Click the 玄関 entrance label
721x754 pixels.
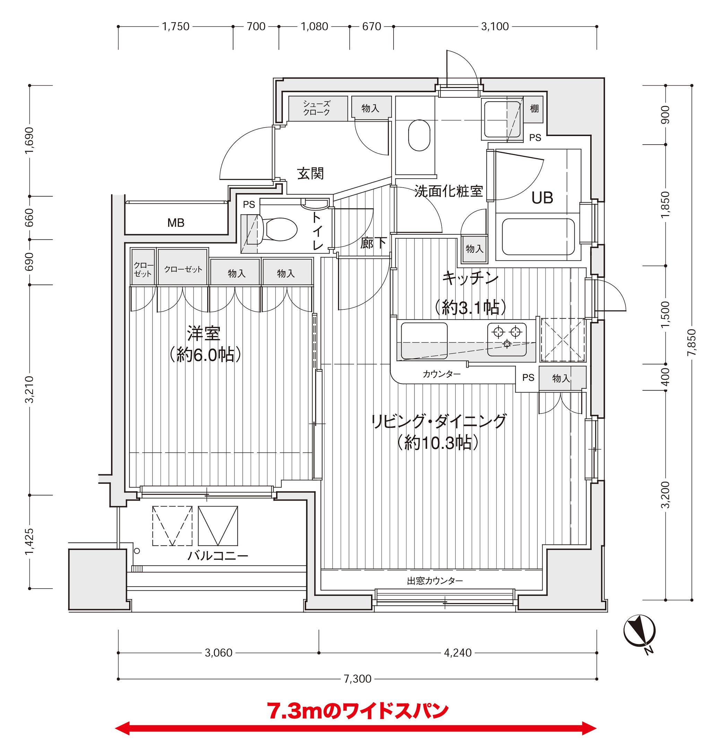click(310, 174)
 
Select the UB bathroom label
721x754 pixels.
click(542, 198)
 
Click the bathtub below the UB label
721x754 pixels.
click(538, 237)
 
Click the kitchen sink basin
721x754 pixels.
click(424, 341)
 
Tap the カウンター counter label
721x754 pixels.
click(441, 374)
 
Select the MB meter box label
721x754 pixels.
click(175, 223)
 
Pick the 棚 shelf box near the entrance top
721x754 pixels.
click(534, 109)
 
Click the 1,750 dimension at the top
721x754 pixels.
click(175, 26)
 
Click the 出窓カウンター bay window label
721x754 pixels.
click(435, 581)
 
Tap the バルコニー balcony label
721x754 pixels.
click(217, 556)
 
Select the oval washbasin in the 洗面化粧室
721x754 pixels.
click(419, 136)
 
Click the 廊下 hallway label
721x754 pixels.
click(373, 243)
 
